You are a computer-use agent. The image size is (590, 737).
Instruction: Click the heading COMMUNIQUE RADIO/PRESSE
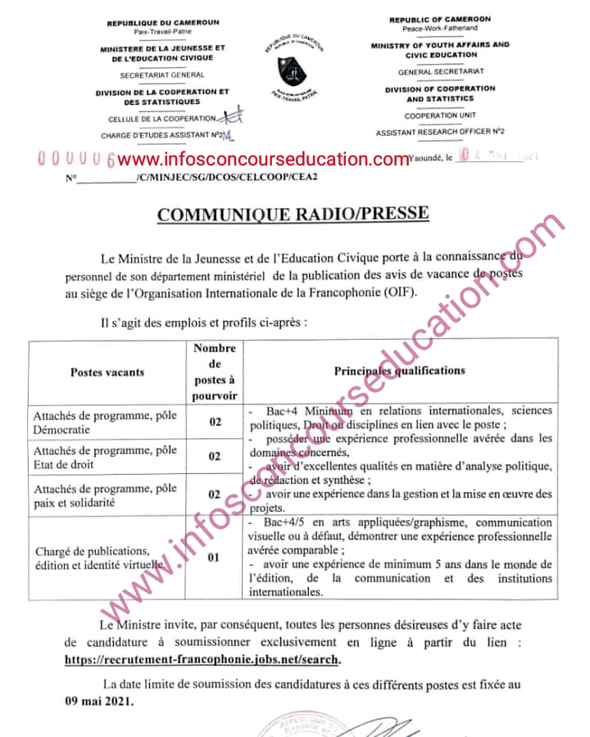coord(292,215)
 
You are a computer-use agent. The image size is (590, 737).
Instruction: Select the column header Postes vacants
coord(107,372)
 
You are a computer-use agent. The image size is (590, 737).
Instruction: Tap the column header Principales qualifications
coord(399,371)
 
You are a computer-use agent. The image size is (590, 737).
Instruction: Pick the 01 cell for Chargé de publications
coord(215,559)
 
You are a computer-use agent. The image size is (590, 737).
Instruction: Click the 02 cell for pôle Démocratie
coord(215,423)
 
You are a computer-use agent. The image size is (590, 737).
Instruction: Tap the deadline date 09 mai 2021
coord(99,702)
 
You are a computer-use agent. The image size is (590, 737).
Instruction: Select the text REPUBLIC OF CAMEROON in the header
coord(439,19)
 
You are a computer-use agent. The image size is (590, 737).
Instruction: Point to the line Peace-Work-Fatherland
coord(439,29)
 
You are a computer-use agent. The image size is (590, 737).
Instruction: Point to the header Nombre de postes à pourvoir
coord(215,372)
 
